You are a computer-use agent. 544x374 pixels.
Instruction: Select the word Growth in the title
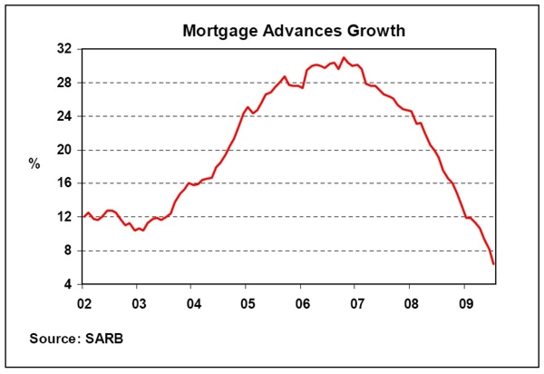[379, 31]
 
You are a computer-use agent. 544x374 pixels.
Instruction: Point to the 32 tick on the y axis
[64, 49]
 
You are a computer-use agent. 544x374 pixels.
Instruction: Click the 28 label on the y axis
[64, 83]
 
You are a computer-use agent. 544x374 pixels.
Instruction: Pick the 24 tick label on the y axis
[64, 116]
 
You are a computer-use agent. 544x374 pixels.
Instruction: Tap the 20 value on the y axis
[64, 150]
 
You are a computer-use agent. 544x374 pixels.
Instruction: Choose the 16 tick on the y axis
[64, 183]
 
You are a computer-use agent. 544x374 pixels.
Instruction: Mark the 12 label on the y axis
[64, 217]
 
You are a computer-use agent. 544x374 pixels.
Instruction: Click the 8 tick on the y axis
[68, 251]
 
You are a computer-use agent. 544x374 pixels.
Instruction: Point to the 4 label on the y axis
[68, 284]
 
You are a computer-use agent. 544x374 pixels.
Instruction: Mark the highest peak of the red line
[344, 57]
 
